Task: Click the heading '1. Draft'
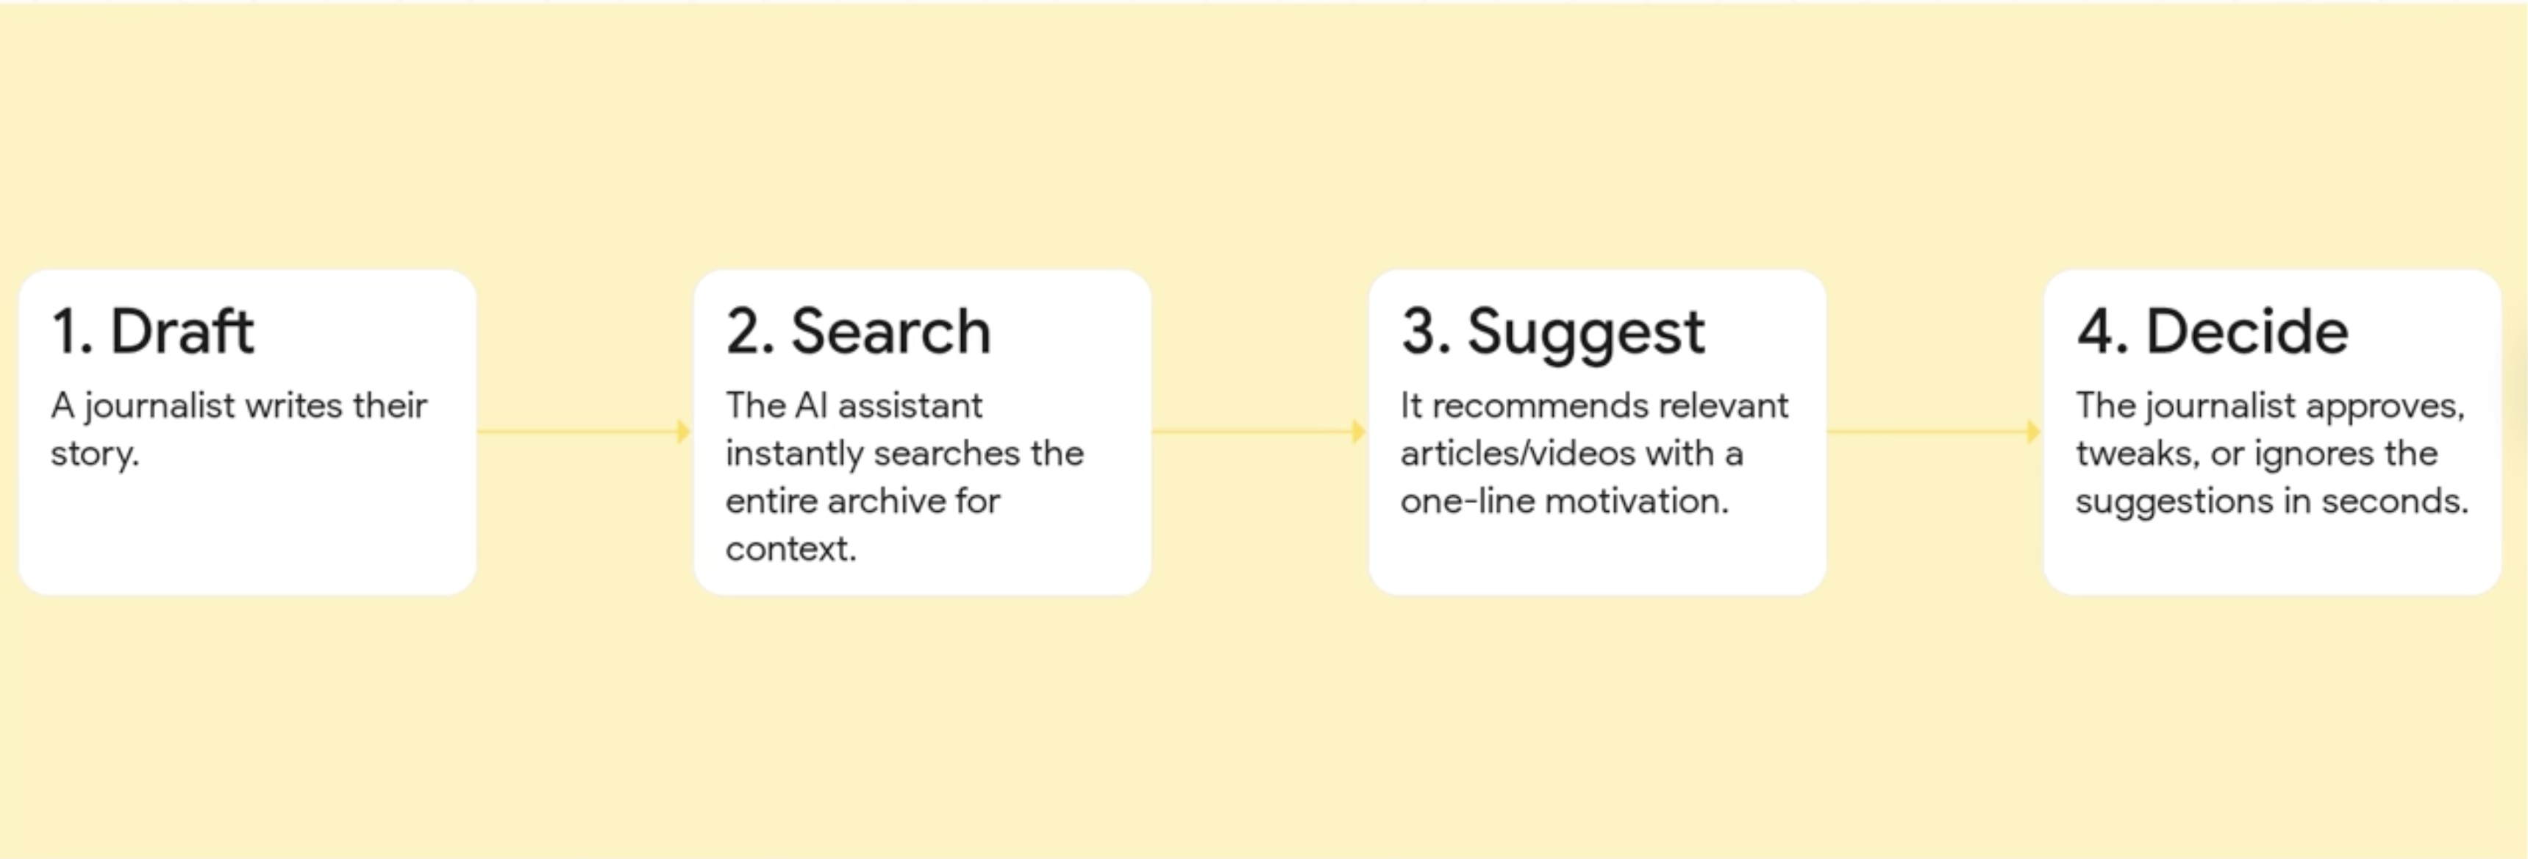(153, 331)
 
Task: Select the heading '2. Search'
(859, 331)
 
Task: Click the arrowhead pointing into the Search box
(684, 431)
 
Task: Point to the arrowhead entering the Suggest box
(1359, 431)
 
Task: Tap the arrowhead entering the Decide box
(2035, 431)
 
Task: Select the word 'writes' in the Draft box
(293, 405)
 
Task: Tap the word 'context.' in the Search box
(791, 549)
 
